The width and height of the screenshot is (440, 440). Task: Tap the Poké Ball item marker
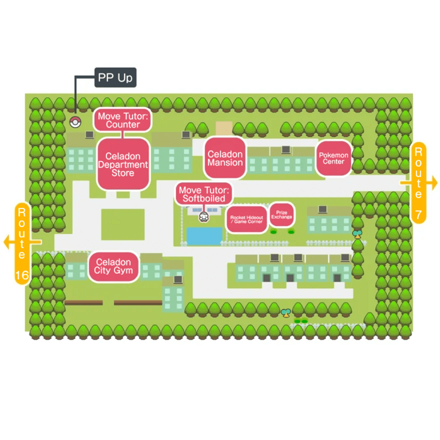[75, 121]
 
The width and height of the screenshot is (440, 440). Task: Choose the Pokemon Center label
[334, 158]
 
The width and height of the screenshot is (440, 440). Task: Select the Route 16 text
[22, 245]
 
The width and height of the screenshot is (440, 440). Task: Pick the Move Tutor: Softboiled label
[204, 194]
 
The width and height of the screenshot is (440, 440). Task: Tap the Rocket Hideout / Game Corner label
[246, 219]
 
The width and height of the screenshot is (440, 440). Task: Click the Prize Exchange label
[281, 215]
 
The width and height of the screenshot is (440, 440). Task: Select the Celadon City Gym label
[114, 267]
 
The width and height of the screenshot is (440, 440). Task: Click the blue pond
[204, 236]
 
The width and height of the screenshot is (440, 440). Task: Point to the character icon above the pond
[204, 216]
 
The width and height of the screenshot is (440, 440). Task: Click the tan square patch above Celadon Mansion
[224, 128]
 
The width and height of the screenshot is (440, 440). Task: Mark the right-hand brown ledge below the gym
[138, 303]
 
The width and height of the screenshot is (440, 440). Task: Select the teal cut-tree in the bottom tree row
[286, 313]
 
